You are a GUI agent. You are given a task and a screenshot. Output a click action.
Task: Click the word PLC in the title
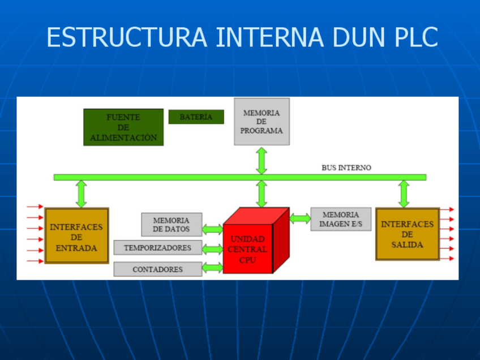pos(416,37)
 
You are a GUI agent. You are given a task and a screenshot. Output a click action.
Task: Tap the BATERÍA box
pos(196,117)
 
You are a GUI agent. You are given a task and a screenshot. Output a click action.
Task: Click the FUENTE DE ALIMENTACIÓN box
pos(123,127)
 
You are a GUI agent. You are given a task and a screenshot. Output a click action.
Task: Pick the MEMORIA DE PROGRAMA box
pos(262,122)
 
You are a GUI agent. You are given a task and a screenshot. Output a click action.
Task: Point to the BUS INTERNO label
pos(346,168)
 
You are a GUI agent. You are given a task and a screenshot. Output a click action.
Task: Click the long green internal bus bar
pos(240,177)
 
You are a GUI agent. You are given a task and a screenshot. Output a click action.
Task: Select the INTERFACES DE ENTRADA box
pos(77,235)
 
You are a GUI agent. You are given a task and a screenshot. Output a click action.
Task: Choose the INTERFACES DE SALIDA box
pos(408,234)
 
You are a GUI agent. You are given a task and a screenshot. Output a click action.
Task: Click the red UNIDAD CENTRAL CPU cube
pos(256,241)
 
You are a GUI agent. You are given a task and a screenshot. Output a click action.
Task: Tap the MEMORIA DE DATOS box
pos(172,225)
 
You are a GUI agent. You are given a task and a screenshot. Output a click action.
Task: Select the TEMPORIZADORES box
pos(158,248)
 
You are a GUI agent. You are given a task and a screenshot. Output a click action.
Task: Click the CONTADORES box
pos(158,269)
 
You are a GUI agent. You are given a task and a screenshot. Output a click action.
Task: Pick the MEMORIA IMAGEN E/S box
pos(341,219)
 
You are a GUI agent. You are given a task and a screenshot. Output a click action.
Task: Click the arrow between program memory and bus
pos(262,161)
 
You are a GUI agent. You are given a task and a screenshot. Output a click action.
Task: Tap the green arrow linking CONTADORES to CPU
pos(212,268)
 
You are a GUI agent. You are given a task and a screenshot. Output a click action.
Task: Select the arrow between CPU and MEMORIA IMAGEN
pos(300,218)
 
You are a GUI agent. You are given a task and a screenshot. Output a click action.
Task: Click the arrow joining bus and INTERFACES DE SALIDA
pos(404,194)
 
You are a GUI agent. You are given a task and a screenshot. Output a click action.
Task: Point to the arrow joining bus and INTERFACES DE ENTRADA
pos(81,194)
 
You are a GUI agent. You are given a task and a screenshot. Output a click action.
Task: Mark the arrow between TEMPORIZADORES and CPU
pos(212,249)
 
